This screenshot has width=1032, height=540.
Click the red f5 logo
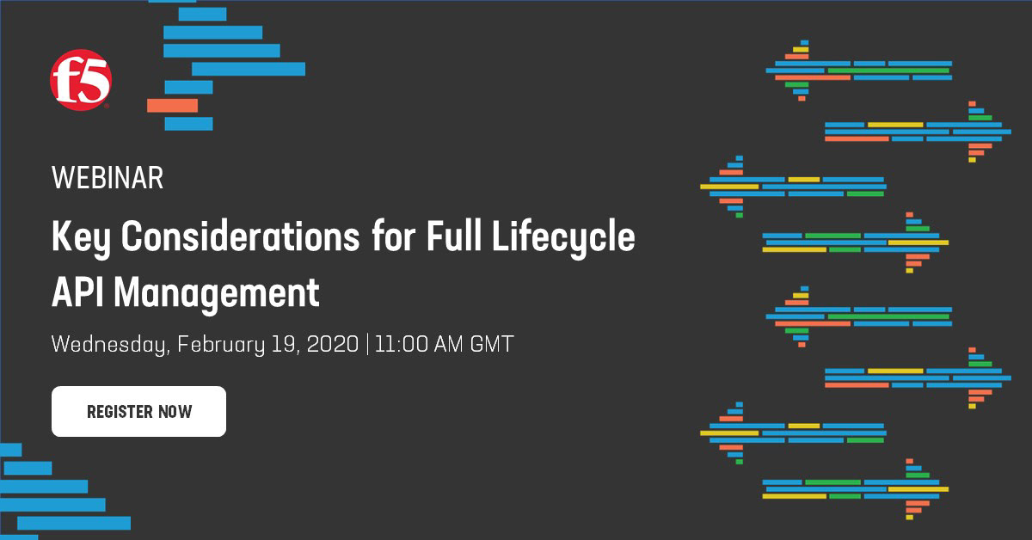coord(81,80)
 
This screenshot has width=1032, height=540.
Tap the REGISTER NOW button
coord(138,412)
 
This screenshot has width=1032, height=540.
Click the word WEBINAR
coord(107,178)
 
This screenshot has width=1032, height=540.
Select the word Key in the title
coord(81,237)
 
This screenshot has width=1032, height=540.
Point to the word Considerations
coord(240,236)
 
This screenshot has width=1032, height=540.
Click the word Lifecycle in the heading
coord(563,237)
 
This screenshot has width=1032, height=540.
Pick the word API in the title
coord(77,292)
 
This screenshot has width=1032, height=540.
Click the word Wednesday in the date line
coord(111,345)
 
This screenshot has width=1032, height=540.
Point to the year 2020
coord(332,344)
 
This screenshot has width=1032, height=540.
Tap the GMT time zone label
coord(492,344)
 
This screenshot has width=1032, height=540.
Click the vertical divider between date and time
coord(367,344)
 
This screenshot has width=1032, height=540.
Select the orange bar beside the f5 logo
coord(172,106)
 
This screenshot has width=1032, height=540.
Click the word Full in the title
coord(454,236)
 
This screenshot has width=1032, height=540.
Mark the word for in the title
coord(393,236)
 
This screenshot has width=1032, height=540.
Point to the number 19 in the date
coord(285,345)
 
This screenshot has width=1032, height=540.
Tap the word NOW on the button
coord(175,412)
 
